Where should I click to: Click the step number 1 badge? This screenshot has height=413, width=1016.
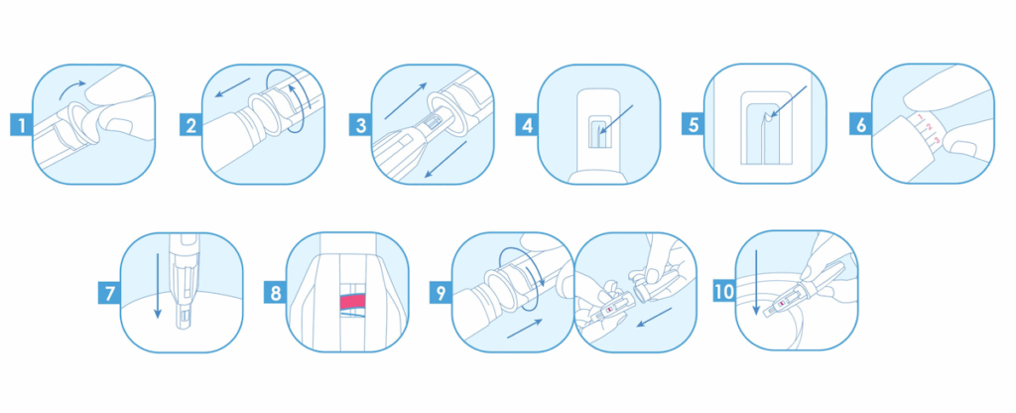22,124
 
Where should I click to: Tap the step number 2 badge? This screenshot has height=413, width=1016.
190,124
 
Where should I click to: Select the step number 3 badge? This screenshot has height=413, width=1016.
360,124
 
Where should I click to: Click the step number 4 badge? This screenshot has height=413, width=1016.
527,124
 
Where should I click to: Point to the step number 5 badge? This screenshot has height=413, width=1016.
694,124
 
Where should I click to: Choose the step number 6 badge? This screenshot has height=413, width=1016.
860,124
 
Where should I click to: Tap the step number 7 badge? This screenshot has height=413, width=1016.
109,293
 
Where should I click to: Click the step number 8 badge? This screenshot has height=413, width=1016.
276,293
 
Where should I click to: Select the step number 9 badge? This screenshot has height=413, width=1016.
442,293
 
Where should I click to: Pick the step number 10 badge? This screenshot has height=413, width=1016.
723,291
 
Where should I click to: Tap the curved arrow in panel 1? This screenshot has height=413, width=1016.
71,87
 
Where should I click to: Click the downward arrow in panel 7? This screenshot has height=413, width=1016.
157,286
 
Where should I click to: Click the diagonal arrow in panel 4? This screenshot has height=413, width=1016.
616,119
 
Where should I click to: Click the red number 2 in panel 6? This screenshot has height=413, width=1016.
928,127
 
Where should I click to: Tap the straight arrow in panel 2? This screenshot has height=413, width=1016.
232,87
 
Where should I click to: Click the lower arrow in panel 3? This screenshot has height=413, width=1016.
445,160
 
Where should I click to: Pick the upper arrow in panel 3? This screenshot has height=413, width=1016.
406,101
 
